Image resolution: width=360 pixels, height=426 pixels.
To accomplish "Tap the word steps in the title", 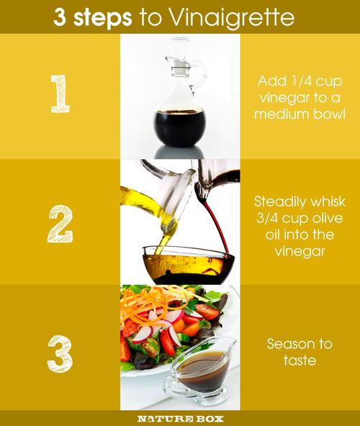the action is point(103,18).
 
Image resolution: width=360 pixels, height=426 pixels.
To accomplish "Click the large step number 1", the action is point(60,94).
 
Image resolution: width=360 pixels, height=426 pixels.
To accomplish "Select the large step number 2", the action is point(60,224).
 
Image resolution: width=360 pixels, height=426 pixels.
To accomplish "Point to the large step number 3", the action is point(60,353).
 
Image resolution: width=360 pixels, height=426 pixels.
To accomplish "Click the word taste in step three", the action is point(300,361).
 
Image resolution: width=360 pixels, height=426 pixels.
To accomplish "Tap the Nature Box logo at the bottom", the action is point(180,418).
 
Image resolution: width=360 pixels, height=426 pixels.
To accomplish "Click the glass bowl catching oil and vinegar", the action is point(189,265).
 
